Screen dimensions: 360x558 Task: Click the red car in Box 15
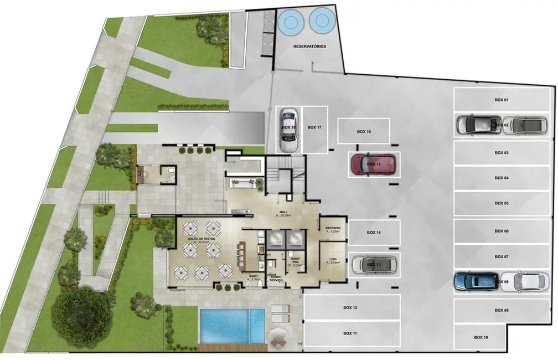tap(373, 164)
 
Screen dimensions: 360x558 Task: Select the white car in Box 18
tap(288, 129)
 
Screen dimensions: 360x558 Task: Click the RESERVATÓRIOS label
tap(309, 47)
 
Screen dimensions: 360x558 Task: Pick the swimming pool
tap(232, 326)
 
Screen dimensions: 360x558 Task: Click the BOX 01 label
tap(502, 100)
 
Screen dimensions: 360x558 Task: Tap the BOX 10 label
tap(481, 337)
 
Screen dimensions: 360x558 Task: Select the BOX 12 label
tap(350, 307)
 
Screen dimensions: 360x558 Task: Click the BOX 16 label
tap(364, 132)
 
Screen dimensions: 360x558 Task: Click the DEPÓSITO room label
tap(333, 228)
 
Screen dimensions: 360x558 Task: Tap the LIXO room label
tap(332, 259)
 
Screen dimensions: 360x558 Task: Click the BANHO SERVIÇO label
tap(276, 279)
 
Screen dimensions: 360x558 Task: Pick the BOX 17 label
tap(314, 127)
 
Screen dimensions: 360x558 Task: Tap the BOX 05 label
tap(502, 203)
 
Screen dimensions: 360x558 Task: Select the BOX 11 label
tap(350, 333)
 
